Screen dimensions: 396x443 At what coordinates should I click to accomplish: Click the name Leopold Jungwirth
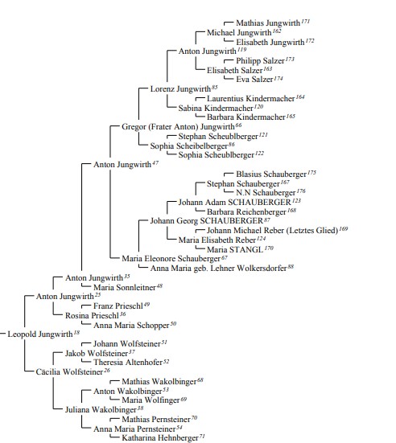[x=40, y=334]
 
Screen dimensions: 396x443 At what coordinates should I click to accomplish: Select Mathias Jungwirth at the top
[x=268, y=23]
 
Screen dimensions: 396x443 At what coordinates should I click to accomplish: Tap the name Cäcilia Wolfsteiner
[x=69, y=371]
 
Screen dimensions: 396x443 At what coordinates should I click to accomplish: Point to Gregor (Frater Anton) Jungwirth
[x=178, y=126]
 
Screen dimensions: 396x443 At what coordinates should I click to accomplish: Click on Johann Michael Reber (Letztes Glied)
[x=272, y=231]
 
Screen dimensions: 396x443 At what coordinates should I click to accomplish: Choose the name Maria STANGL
[x=235, y=249]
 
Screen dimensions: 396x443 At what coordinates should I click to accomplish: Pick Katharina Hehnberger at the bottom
[x=160, y=438]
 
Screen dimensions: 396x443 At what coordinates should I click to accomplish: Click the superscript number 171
[x=306, y=21]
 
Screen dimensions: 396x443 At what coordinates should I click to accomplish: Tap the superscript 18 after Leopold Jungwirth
[x=76, y=333]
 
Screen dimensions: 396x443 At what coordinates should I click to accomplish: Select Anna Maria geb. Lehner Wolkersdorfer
[x=218, y=268]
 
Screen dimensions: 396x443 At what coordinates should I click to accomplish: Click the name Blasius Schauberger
[x=271, y=174]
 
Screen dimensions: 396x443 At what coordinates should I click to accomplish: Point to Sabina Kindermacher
[x=216, y=108]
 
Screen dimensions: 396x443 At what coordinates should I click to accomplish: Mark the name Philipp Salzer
[x=260, y=61]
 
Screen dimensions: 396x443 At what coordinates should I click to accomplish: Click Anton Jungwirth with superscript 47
[x=122, y=165]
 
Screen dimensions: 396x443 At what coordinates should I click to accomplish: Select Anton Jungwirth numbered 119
[x=208, y=51]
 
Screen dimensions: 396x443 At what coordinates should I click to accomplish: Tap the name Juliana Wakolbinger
[x=101, y=410]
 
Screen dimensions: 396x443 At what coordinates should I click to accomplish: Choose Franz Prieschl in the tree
[x=118, y=306]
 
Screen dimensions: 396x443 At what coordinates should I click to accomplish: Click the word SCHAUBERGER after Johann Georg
[x=231, y=220]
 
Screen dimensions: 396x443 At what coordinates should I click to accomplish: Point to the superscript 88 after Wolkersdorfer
[x=291, y=266]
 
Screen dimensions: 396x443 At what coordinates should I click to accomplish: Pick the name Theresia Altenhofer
[x=128, y=362]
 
